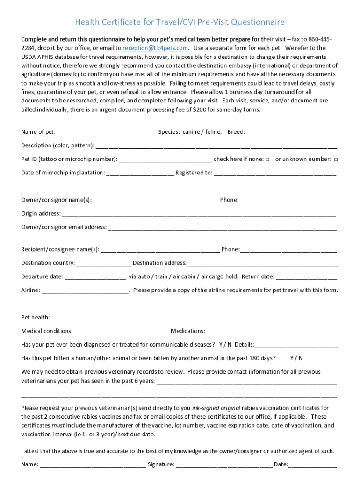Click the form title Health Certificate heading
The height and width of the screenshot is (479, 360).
[180, 22]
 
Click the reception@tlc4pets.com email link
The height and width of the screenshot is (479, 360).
[155, 48]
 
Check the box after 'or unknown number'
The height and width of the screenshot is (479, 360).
[336, 160]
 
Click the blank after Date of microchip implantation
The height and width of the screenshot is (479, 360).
[140, 173]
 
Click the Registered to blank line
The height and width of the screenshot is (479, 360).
[274, 173]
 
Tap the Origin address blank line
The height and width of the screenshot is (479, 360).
[199, 214]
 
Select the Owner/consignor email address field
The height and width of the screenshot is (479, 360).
[222, 228]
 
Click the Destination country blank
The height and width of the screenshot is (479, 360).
[104, 263]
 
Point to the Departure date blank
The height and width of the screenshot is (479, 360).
[95, 277]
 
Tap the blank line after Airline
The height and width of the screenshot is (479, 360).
[85, 290]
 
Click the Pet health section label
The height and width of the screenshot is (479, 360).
[36, 318]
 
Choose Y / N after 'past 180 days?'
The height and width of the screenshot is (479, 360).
[296, 358]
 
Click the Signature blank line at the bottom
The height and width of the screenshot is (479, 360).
[224, 465]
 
